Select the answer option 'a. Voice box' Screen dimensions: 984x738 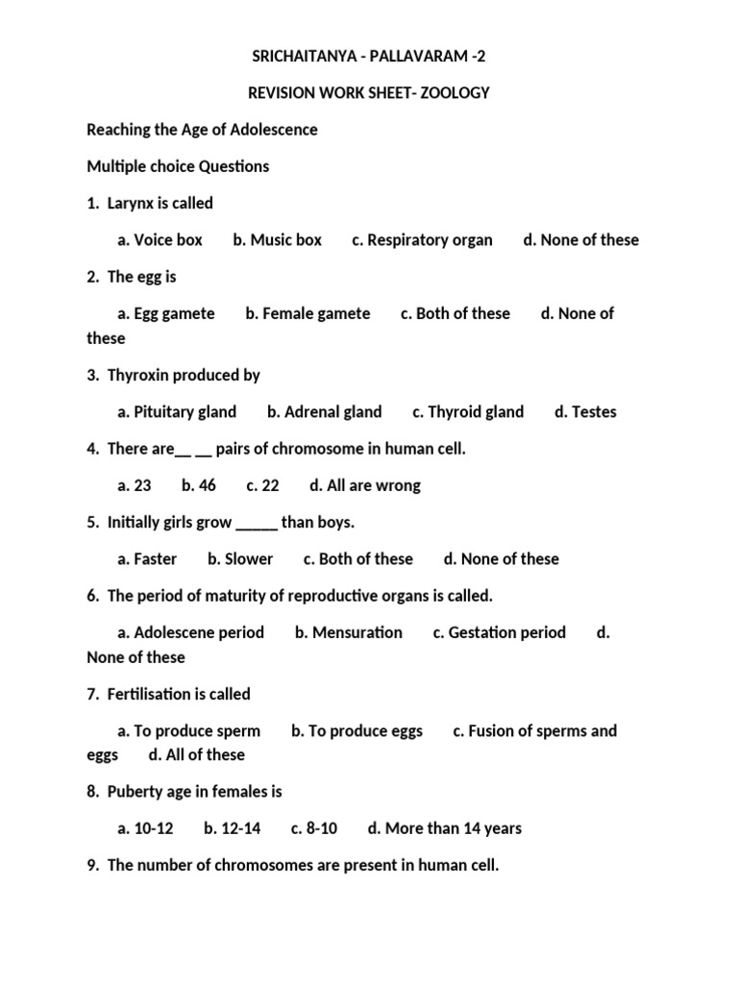160,240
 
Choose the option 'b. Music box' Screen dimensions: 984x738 277,240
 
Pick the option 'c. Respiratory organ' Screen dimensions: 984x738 422,240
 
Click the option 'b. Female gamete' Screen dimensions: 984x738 307,313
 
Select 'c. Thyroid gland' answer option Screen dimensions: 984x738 468,412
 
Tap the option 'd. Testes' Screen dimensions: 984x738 585,412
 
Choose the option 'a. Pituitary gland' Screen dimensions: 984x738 177,412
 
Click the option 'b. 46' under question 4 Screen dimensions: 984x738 199,486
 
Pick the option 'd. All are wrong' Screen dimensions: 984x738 365,486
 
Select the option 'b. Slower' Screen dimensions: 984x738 240,559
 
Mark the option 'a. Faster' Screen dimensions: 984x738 147,559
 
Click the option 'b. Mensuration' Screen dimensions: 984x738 349,632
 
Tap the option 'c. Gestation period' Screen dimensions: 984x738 500,632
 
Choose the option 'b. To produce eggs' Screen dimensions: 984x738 357,731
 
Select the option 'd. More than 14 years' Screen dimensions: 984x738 445,828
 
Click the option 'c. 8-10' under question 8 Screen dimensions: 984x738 314,828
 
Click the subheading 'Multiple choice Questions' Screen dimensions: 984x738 178,166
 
